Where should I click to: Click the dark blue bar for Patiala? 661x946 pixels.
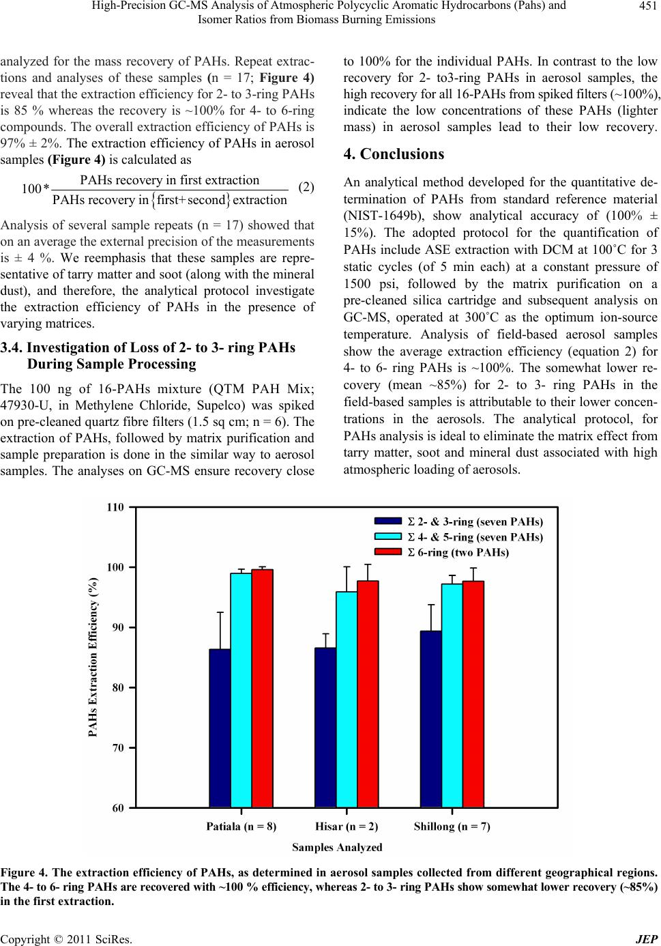click(220, 728)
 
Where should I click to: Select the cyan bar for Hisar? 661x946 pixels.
click(347, 700)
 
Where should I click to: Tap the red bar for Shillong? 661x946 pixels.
click(473, 695)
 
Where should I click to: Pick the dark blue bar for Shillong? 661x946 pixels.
click(431, 719)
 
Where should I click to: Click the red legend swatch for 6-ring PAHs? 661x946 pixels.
click(388, 552)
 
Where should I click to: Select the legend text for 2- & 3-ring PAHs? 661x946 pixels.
click(475, 521)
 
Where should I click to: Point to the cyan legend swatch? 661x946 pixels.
click(388, 536)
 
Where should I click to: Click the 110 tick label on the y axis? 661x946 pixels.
click(115, 506)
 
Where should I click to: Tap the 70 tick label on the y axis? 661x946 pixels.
click(118, 748)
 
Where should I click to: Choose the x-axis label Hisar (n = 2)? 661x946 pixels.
click(347, 827)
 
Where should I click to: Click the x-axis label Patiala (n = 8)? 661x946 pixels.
click(241, 827)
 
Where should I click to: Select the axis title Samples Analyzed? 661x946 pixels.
click(337, 848)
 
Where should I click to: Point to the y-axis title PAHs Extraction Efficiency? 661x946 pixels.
click(93, 657)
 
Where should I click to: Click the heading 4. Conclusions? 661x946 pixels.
click(394, 154)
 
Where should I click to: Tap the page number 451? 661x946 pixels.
click(648, 5)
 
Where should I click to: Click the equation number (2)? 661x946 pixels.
click(306, 187)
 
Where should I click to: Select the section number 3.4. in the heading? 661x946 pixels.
click(12, 347)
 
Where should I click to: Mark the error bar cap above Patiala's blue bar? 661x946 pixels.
click(220, 612)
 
